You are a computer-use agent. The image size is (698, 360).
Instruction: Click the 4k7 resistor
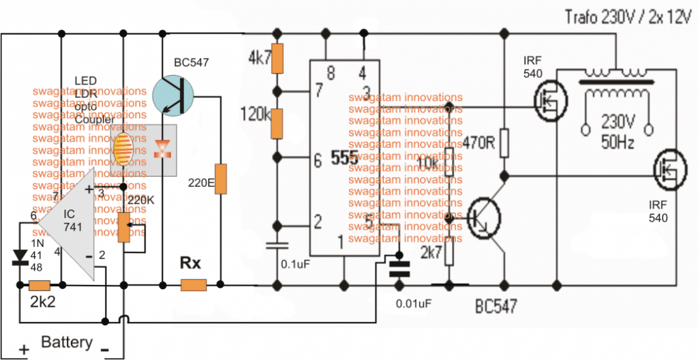click(x=277, y=61)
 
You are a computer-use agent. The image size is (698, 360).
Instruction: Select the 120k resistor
click(x=277, y=123)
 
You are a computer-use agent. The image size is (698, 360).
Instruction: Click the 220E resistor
click(x=220, y=179)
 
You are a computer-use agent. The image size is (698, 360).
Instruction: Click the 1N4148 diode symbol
click(x=20, y=256)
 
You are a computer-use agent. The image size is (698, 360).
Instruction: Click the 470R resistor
click(x=504, y=143)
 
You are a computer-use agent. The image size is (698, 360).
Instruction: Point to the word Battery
click(x=67, y=342)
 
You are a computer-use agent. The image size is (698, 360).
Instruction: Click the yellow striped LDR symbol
click(x=123, y=149)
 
